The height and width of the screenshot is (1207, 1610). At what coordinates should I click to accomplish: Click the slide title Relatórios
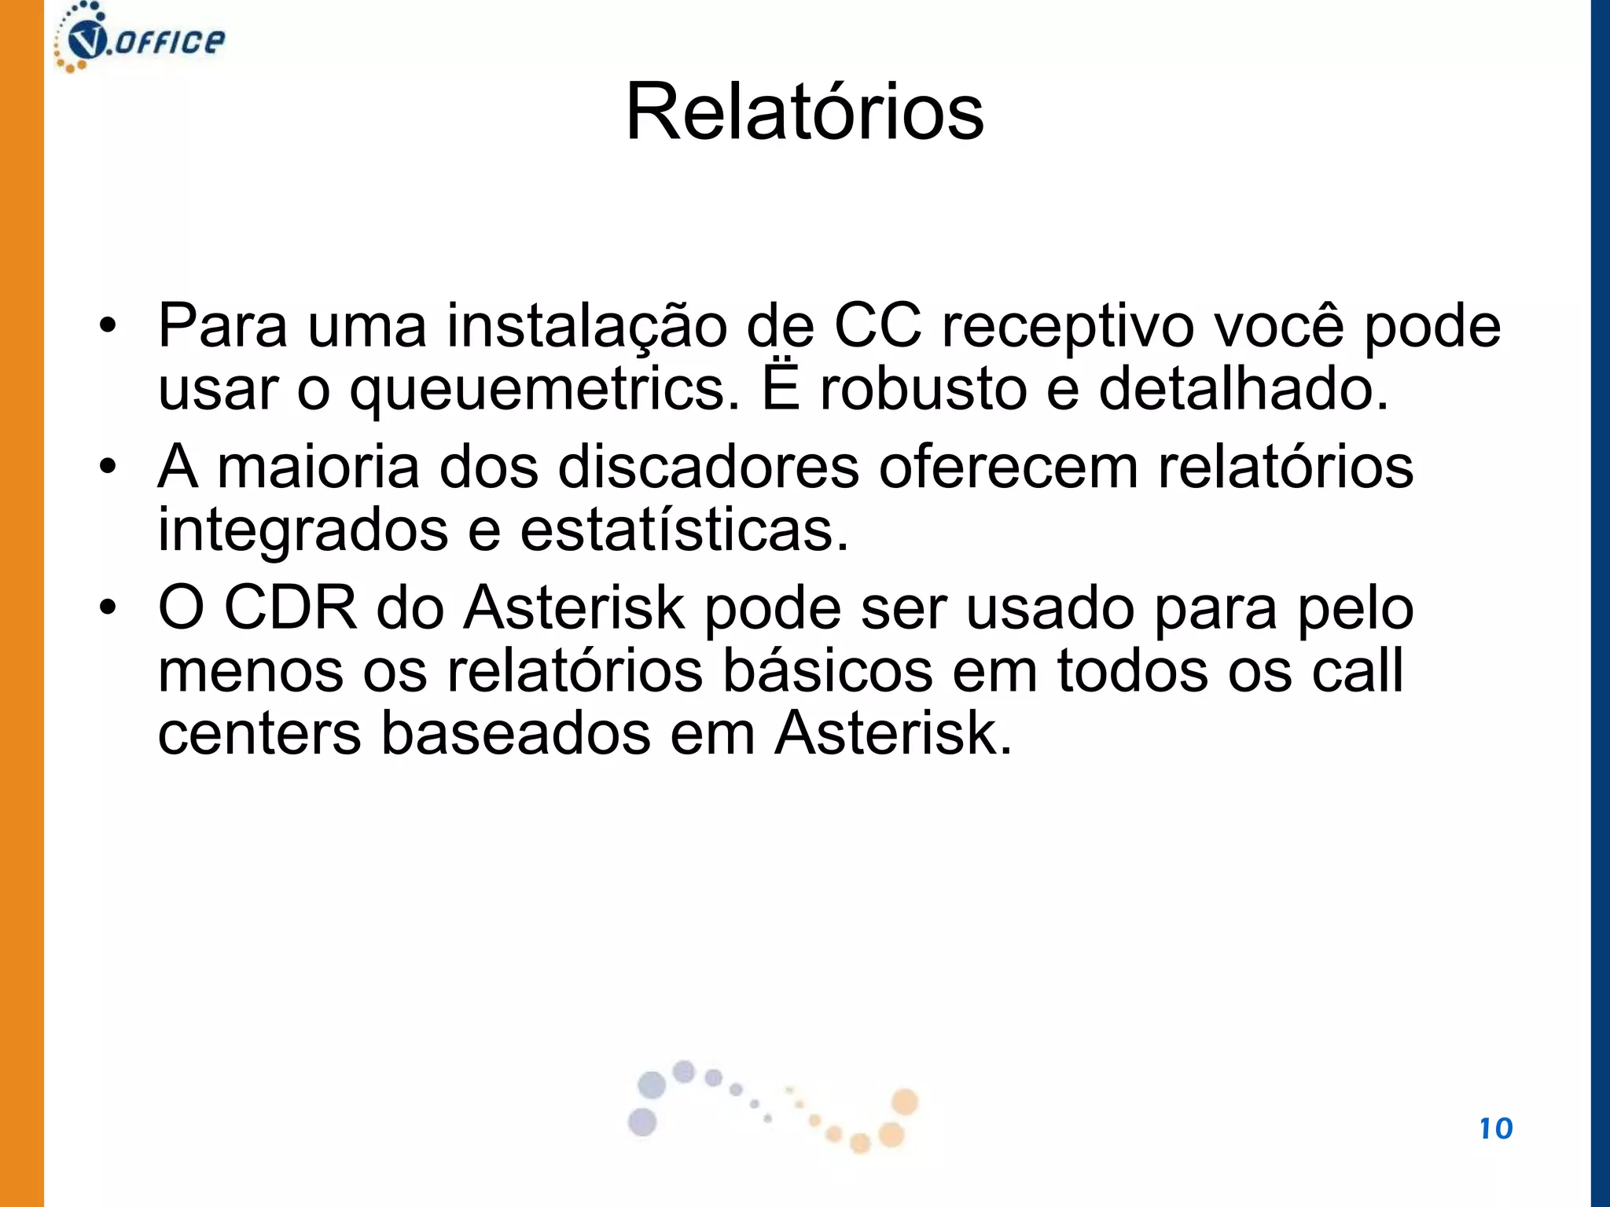(804, 112)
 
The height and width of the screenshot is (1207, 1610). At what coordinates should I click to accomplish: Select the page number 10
(1495, 1128)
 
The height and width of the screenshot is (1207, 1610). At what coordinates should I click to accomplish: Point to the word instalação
(586, 327)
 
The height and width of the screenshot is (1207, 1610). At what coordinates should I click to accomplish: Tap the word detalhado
(1244, 389)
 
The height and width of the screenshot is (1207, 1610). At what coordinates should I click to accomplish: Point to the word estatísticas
(684, 530)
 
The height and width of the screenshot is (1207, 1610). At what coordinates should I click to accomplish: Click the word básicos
(827, 671)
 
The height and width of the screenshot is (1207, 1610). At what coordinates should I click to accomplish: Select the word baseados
(516, 734)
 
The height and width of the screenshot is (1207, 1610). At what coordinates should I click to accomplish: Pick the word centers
(259, 736)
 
